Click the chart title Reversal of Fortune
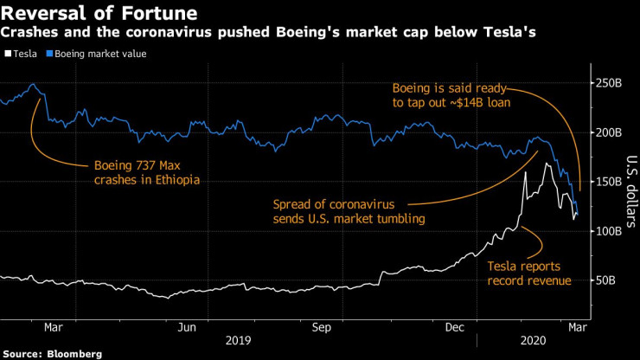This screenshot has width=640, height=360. tap(99, 14)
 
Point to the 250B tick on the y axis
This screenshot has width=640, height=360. tap(610, 83)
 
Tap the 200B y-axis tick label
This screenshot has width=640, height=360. tap(610, 132)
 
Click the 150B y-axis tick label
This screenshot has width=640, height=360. tap(610, 182)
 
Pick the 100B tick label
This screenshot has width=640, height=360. tap(610, 231)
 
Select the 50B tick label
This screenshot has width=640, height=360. tap(607, 280)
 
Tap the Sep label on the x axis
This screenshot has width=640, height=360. tap(322, 328)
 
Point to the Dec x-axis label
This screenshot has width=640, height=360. tap(456, 328)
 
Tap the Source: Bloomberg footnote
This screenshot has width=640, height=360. tap(53, 354)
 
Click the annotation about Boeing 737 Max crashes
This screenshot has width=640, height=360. tap(145, 173)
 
